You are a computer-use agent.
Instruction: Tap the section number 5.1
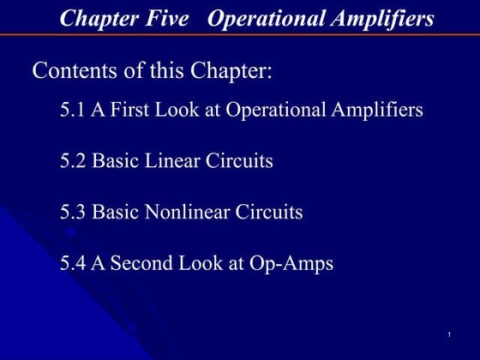[73, 111]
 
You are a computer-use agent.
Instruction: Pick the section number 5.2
[73, 161]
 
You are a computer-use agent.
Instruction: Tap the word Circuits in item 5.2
[239, 161]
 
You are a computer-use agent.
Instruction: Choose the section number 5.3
[73, 212]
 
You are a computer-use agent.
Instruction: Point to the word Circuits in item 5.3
[269, 212]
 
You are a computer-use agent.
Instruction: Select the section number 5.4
[73, 263]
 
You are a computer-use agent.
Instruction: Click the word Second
[140, 263]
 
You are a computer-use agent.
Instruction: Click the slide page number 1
[449, 333]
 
